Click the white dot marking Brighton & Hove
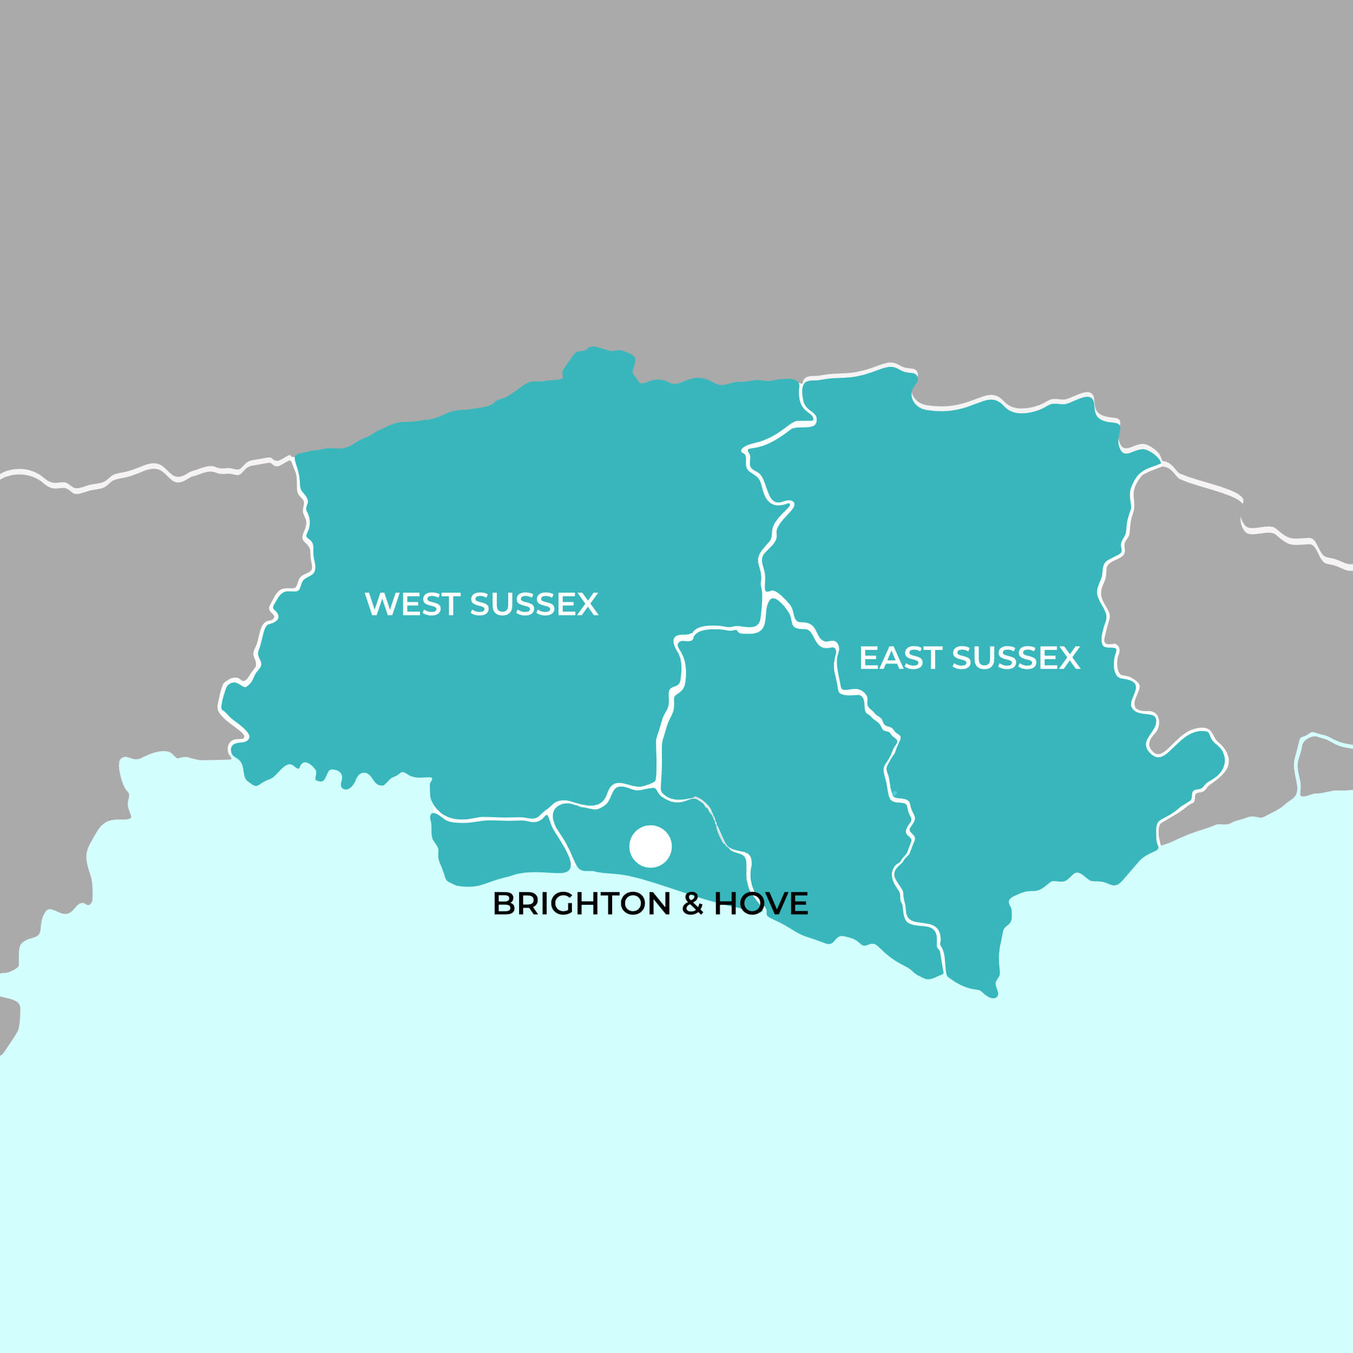point(651,846)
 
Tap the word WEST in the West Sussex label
point(412,603)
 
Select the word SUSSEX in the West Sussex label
point(534,603)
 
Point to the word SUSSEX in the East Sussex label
point(1016,658)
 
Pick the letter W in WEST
point(379,603)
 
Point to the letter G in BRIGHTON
point(562,903)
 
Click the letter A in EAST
point(891,658)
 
